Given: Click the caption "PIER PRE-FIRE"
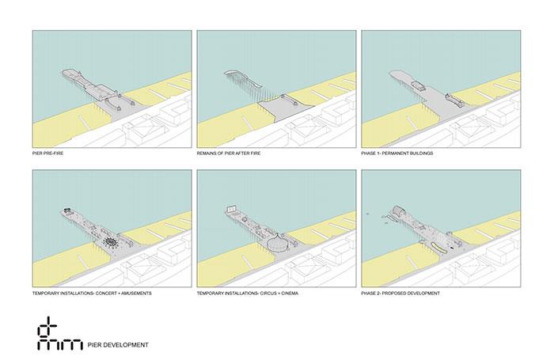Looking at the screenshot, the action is (x=47, y=153).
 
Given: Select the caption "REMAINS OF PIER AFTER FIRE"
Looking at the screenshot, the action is (x=229, y=153).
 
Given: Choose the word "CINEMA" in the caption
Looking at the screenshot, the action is (x=290, y=294).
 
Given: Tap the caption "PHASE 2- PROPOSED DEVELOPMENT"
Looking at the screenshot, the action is (x=400, y=294).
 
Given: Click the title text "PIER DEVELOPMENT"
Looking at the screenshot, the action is (x=118, y=345).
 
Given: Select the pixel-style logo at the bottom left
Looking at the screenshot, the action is (x=59, y=334).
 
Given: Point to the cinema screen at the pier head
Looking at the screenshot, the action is (x=232, y=208).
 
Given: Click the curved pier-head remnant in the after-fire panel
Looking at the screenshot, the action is (x=243, y=78).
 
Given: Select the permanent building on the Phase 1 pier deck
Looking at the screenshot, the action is (x=419, y=86).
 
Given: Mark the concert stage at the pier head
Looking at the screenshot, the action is (x=66, y=211).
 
